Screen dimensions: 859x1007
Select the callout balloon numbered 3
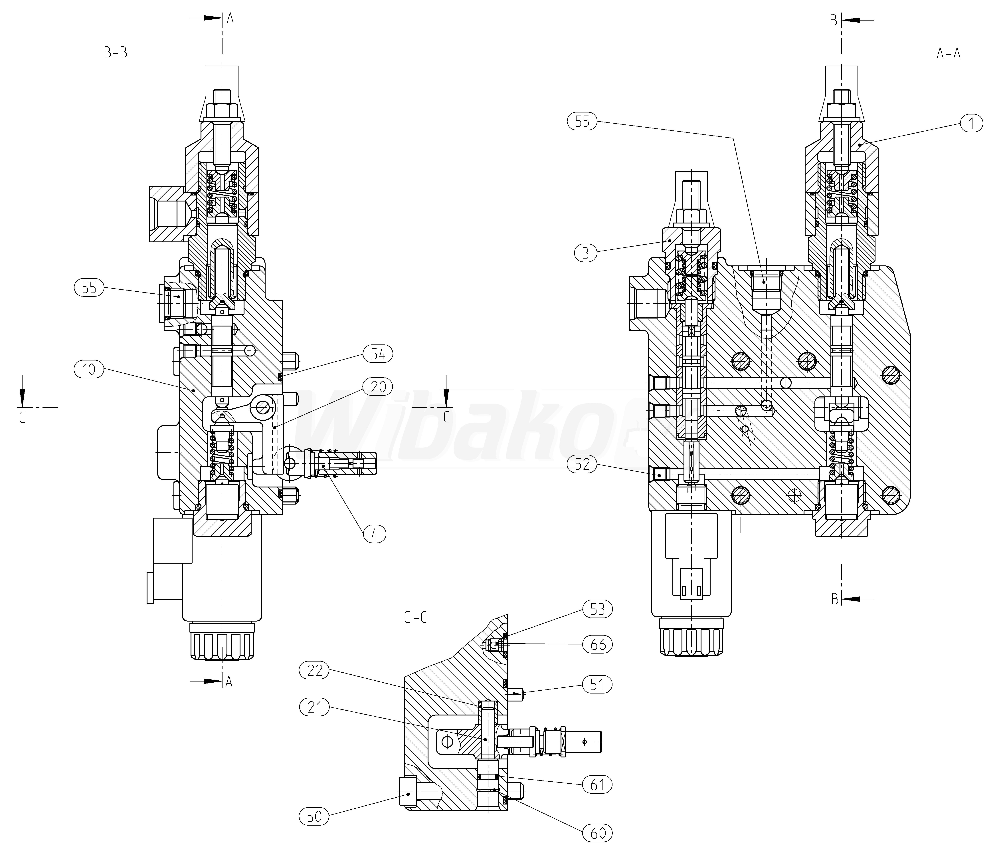point(585,253)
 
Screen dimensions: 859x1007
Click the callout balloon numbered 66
point(597,645)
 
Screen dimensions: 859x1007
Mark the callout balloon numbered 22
point(314,671)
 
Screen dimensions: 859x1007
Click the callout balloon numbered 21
point(314,707)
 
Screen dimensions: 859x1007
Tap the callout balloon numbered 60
point(597,833)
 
